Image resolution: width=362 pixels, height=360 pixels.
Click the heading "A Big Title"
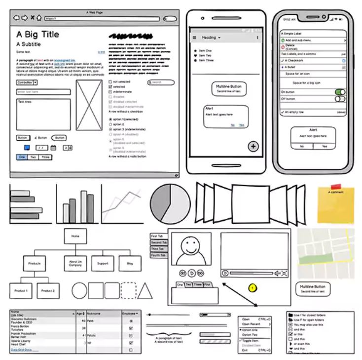point(37,35)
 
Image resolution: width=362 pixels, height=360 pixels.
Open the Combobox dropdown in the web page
point(35,83)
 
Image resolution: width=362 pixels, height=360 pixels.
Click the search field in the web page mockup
point(161,82)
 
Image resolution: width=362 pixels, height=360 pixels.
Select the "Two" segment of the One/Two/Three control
point(33,157)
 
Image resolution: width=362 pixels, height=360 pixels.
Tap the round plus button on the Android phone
point(253,146)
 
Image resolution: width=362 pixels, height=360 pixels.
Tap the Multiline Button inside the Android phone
point(228,89)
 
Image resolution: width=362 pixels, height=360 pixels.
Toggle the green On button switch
point(340,92)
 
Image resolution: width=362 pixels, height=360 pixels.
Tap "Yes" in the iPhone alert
point(324,146)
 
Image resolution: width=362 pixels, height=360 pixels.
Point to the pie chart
point(170,203)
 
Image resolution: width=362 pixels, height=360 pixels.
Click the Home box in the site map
point(75,236)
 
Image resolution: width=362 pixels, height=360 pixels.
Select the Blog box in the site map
point(130,263)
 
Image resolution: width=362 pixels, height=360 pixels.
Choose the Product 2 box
point(48,290)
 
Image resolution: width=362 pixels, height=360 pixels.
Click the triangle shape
point(145,291)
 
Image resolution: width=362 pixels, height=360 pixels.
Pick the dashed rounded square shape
point(128,290)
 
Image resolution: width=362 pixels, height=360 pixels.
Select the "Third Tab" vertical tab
point(158,249)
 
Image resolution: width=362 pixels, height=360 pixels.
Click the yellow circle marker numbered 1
point(253,287)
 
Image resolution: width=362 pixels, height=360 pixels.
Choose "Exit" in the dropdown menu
point(246,350)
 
